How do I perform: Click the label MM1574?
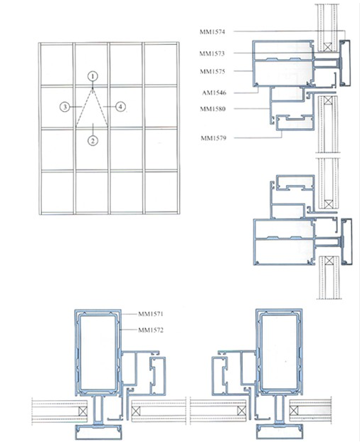(x=213, y=31)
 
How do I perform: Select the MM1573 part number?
(x=213, y=53)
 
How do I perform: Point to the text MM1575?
(x=213, y=71)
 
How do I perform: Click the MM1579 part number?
(x=213, y=137)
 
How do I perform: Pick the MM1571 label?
(x=152, y=313)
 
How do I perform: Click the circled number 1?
(x=92, y=75)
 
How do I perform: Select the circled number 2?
(x=92, y=140)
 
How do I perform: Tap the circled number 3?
(x=64, y=107)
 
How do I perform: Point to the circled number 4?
(x=121, y=107)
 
